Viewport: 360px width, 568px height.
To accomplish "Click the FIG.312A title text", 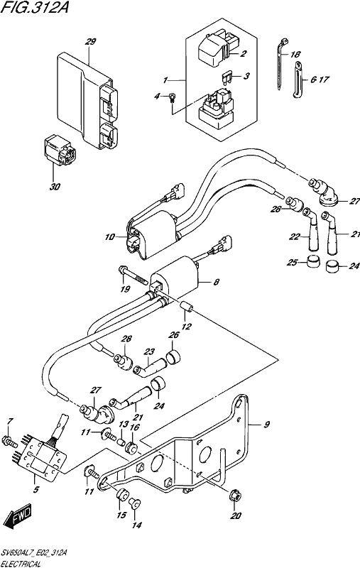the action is coord(35,7).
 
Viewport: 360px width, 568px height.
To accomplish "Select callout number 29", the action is coord(90,42).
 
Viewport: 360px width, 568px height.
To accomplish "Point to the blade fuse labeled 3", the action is coord(226,80).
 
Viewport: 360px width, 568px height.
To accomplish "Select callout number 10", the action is coord(110,238).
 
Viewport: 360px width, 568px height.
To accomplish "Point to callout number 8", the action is coord(217,282).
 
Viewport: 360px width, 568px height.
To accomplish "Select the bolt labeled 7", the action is coord(10,442).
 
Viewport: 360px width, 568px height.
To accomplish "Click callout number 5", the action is coord(36,490).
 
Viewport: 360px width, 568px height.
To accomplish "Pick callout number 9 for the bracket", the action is coord(266,425).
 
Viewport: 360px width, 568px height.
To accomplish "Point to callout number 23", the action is coord(149,351).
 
